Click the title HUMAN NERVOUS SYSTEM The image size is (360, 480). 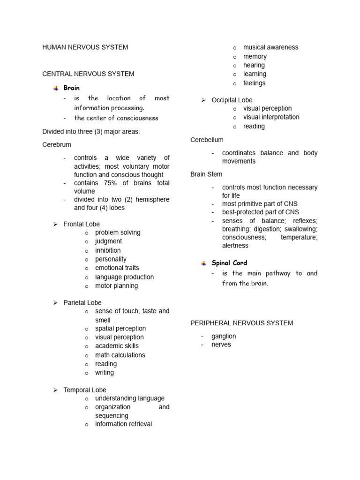[x=85, y=47]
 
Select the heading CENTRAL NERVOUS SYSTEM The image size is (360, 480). [x=88, y=74]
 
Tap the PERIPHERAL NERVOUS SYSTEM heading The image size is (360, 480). [x=241, y=323]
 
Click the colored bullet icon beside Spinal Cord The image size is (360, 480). [x=203, y=263]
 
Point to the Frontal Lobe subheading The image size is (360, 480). [x=82, y=224]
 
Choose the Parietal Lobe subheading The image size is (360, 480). [x=82, y=303]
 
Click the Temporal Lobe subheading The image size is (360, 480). [x=85, y=390]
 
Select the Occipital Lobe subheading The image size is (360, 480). [x=232, y=100]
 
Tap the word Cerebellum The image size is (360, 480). [x=207, y=140]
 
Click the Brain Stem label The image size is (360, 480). [x=206, y=174]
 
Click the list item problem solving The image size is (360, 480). [x=118, y=232]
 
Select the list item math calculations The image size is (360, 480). [x=120, y=355]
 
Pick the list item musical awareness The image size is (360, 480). [x=270, y=47]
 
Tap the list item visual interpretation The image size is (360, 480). [x=271, y=117]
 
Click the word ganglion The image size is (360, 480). [x=224, y=336]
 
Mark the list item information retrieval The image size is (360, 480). [x=123, y=424]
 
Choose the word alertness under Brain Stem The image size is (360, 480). [x=235, y=246]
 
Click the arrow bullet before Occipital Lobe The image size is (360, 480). [x=204, y=100]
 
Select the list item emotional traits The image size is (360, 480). [x=117, y=268]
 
